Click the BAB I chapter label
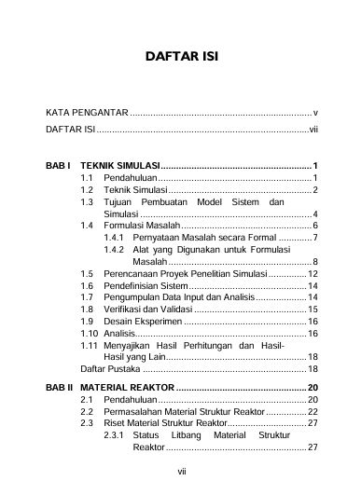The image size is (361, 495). click(59, 164)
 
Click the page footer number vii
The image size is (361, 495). click(181, 473)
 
